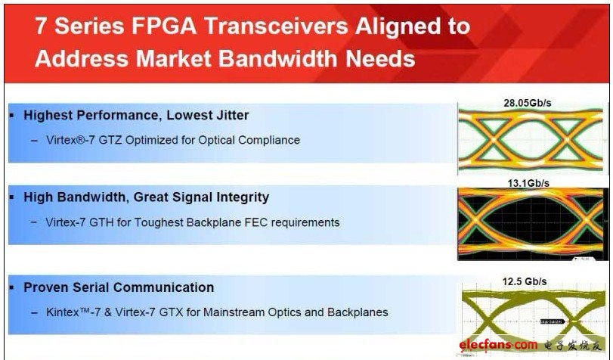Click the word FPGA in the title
click(x=163, y=26)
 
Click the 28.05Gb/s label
click(x=527, y=103)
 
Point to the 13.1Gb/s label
click(x=528, y=183)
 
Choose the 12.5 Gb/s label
click(x=525, y=281)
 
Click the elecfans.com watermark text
click(x=498, y=345)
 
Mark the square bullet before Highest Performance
click(x=12, y=116)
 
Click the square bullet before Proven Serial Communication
click(x=12, y=287)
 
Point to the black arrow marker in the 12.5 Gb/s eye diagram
click(x=553, y=321)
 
